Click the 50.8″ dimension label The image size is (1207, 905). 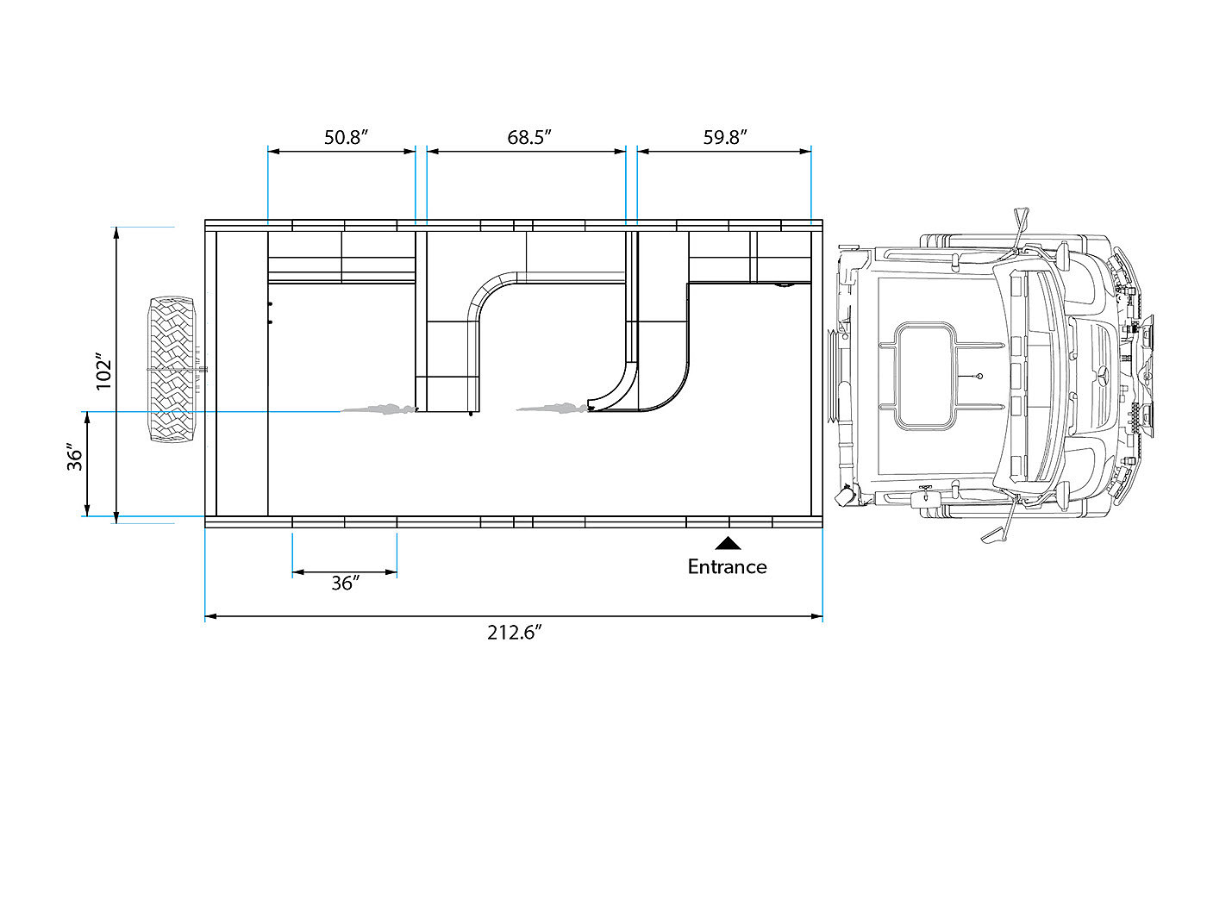346,137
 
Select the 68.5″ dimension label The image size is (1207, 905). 528,137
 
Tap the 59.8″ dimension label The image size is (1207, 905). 725,137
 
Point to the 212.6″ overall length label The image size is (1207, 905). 514,633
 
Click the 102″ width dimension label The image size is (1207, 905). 103,371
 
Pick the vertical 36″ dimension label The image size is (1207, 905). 75,457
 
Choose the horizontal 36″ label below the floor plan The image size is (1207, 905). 346,583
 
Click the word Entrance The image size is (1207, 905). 727,566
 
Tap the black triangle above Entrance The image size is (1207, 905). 728,543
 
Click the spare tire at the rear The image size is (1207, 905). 172,369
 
